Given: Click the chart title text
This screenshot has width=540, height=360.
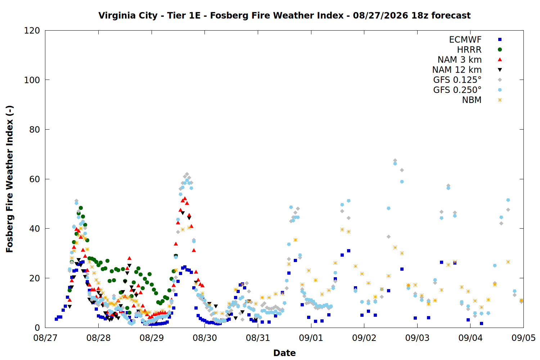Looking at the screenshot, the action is (284, 15).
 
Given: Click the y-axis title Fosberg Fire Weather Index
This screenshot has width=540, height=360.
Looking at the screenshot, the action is (10, 179).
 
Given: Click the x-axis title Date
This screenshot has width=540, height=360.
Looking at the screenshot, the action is (284, 353).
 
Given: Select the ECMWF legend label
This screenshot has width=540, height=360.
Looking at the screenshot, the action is (465, 40).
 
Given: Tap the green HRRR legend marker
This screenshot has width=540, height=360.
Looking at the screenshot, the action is (500, 50).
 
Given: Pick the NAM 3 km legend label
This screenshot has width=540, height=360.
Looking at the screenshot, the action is (459, 59).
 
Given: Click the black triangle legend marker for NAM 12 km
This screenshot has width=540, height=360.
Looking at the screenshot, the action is (500, 70).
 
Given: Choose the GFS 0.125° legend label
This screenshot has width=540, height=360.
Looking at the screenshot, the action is (457, 80).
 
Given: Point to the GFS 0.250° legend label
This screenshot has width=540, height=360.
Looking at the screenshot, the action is (457, 90).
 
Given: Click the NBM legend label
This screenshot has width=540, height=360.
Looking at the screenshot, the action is (472, 100).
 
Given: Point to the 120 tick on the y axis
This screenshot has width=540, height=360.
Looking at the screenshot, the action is (32, 31).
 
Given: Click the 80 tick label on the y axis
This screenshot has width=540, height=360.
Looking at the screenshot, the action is (35, 130).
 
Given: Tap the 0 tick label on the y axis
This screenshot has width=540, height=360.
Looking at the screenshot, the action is (37, 328).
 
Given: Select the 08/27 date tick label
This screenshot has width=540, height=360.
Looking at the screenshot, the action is (45, 338).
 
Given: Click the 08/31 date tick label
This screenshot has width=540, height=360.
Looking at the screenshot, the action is (258, 338).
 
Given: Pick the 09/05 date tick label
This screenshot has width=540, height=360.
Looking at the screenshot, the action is (523, 338).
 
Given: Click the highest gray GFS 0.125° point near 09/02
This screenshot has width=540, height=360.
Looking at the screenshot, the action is (395, 161).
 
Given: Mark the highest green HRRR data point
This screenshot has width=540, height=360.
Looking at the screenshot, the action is (81, 208).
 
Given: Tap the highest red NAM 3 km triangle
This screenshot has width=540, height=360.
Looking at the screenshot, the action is (185, 198).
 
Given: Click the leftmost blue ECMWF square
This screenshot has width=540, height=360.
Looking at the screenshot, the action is (57, 319).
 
